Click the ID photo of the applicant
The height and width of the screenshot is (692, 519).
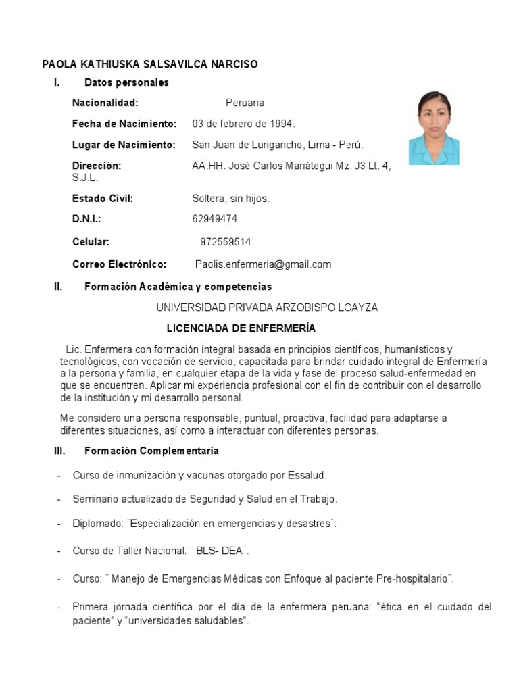(433, 128)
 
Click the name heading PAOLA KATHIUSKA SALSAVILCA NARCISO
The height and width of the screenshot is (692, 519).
(150, 64)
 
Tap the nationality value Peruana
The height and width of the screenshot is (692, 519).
(245, 103)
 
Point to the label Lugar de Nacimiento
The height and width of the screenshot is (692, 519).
(124, 145)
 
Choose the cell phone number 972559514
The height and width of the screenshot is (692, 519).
(226, 242)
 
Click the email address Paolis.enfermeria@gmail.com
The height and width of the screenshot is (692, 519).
(263, 264)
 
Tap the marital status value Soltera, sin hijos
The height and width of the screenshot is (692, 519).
(230, 199)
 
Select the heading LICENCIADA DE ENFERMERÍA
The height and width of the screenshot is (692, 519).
(241, 328)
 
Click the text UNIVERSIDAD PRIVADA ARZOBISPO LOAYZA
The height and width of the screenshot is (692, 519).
(267, 307)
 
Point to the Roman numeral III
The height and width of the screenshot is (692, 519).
(59, 451)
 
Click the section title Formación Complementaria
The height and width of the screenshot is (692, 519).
(151, 451)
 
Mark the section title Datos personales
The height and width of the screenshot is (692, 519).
(126, 82)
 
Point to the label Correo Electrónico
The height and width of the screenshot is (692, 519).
(119, 264)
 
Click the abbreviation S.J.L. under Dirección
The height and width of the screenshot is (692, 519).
(85, 178)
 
